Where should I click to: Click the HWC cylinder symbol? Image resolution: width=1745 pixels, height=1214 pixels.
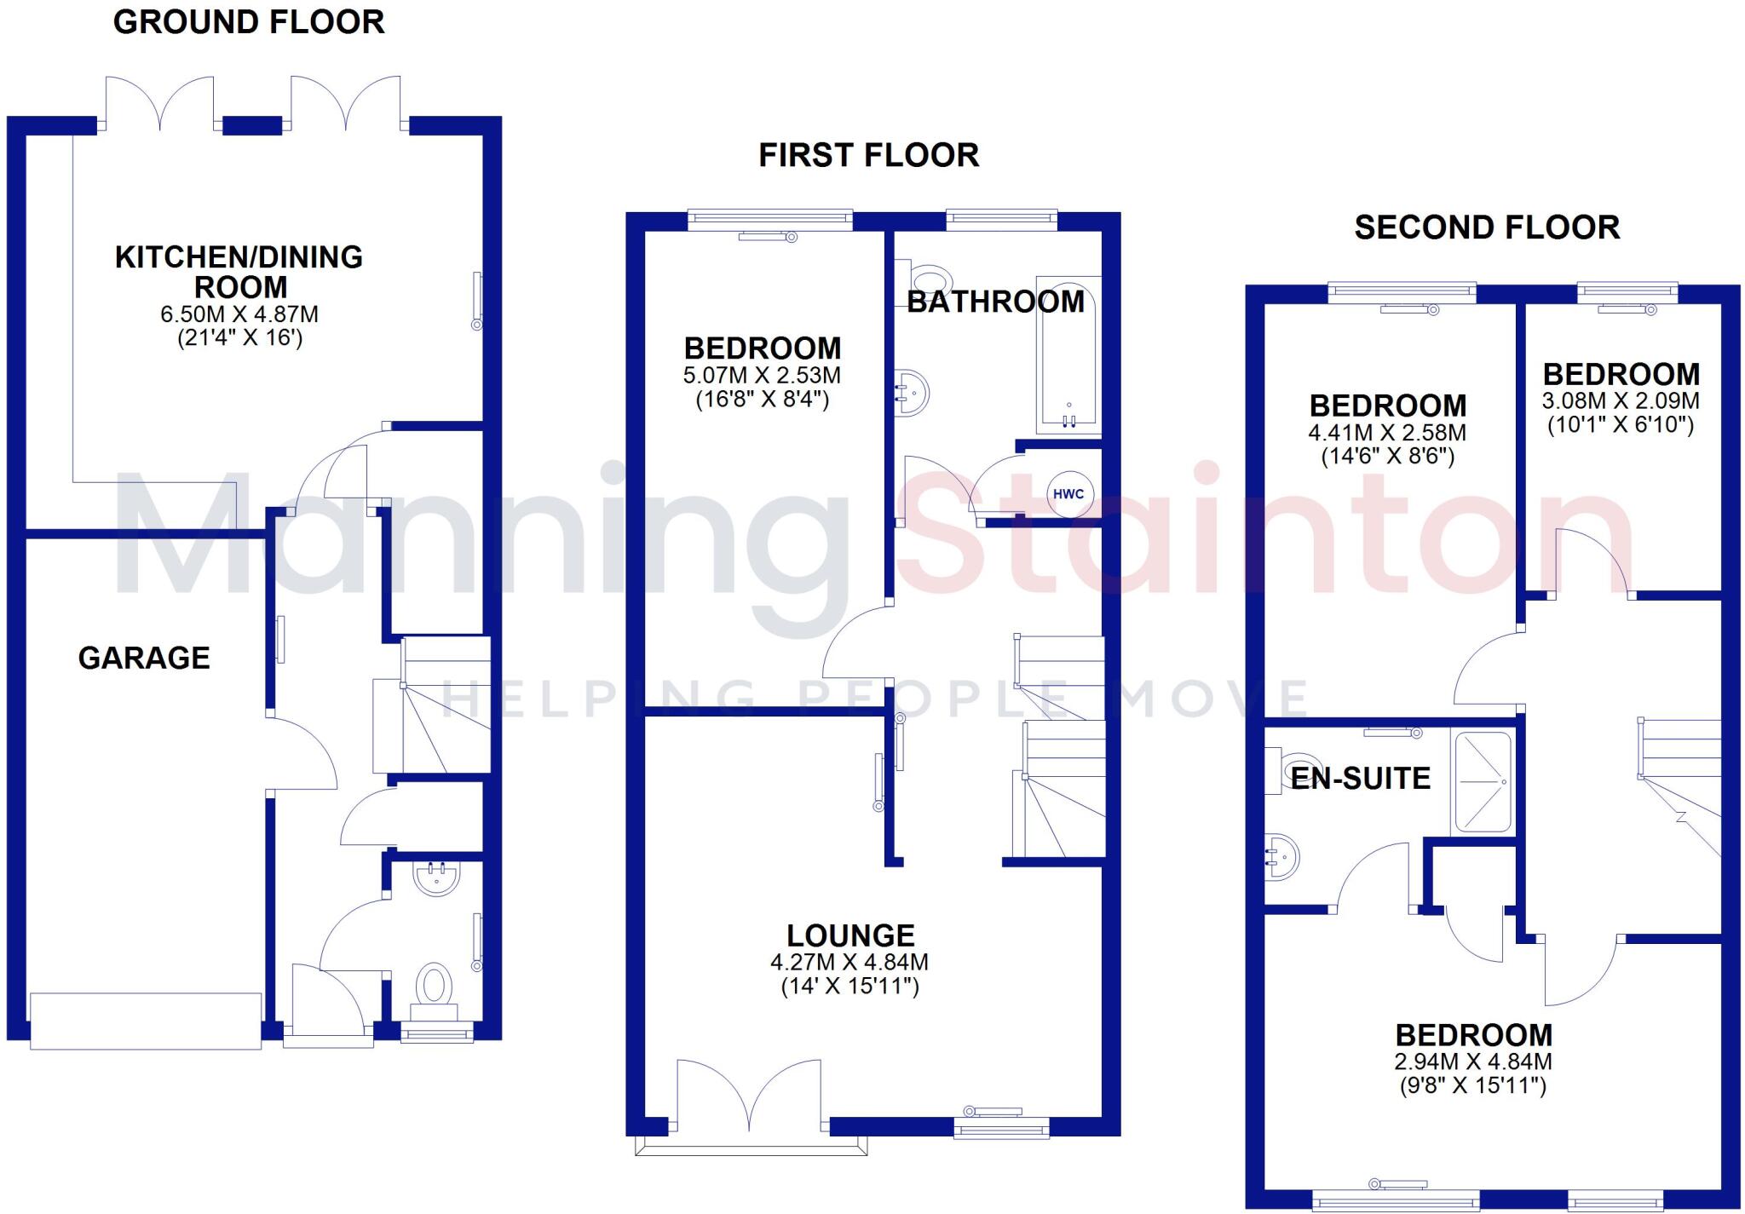pos(1068,494)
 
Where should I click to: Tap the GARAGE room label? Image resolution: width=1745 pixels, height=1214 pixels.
pos(144,658)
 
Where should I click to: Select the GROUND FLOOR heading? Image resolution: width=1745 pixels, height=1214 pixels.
pos(249,22)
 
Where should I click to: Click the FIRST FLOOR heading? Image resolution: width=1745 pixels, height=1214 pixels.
pos(868,155)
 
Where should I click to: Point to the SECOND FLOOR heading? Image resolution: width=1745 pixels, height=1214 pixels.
pos(1487,227)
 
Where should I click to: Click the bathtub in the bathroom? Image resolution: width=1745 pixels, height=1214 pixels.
pos(1068,354)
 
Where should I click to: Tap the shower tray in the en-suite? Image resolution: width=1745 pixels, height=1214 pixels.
pos(1483,781)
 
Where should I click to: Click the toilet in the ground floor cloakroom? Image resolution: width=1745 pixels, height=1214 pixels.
pos(435,988)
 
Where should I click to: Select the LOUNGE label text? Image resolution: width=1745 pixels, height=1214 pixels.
pos(850,935)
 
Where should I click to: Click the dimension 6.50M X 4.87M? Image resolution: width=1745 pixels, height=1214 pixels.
pos(239,314)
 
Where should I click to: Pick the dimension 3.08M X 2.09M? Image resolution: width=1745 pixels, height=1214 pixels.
pos(1621,400)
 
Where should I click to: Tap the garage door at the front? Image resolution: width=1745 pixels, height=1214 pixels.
pos(146,1020)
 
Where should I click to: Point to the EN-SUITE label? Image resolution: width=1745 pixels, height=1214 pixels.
pos(1361,778)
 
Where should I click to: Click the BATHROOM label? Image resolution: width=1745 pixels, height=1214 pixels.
pos(995,302)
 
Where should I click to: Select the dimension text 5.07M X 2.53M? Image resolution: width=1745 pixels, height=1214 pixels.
pos(762,375)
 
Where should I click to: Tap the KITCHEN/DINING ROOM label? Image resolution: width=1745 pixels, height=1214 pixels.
pos(239,271)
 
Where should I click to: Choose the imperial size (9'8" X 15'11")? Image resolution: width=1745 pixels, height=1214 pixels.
pos(1473,1085)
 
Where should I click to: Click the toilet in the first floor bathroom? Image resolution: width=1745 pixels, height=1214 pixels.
pos(929,279)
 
